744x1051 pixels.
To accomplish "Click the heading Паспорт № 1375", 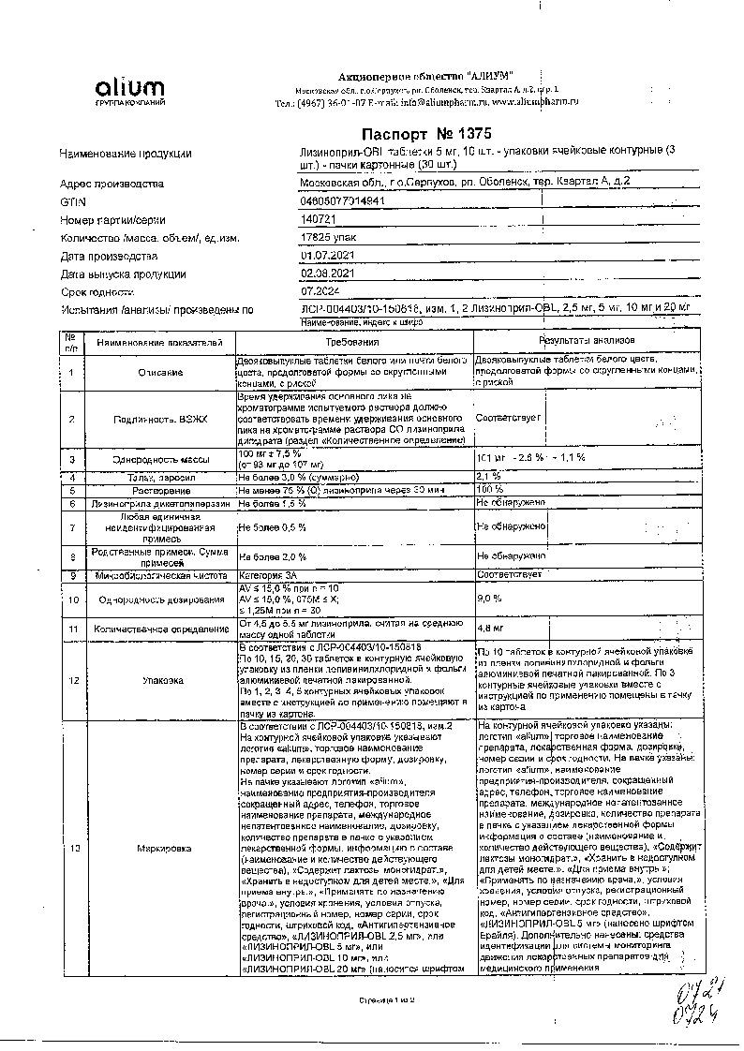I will coord(425,134).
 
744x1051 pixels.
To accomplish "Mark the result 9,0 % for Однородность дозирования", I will coord(489,597).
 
